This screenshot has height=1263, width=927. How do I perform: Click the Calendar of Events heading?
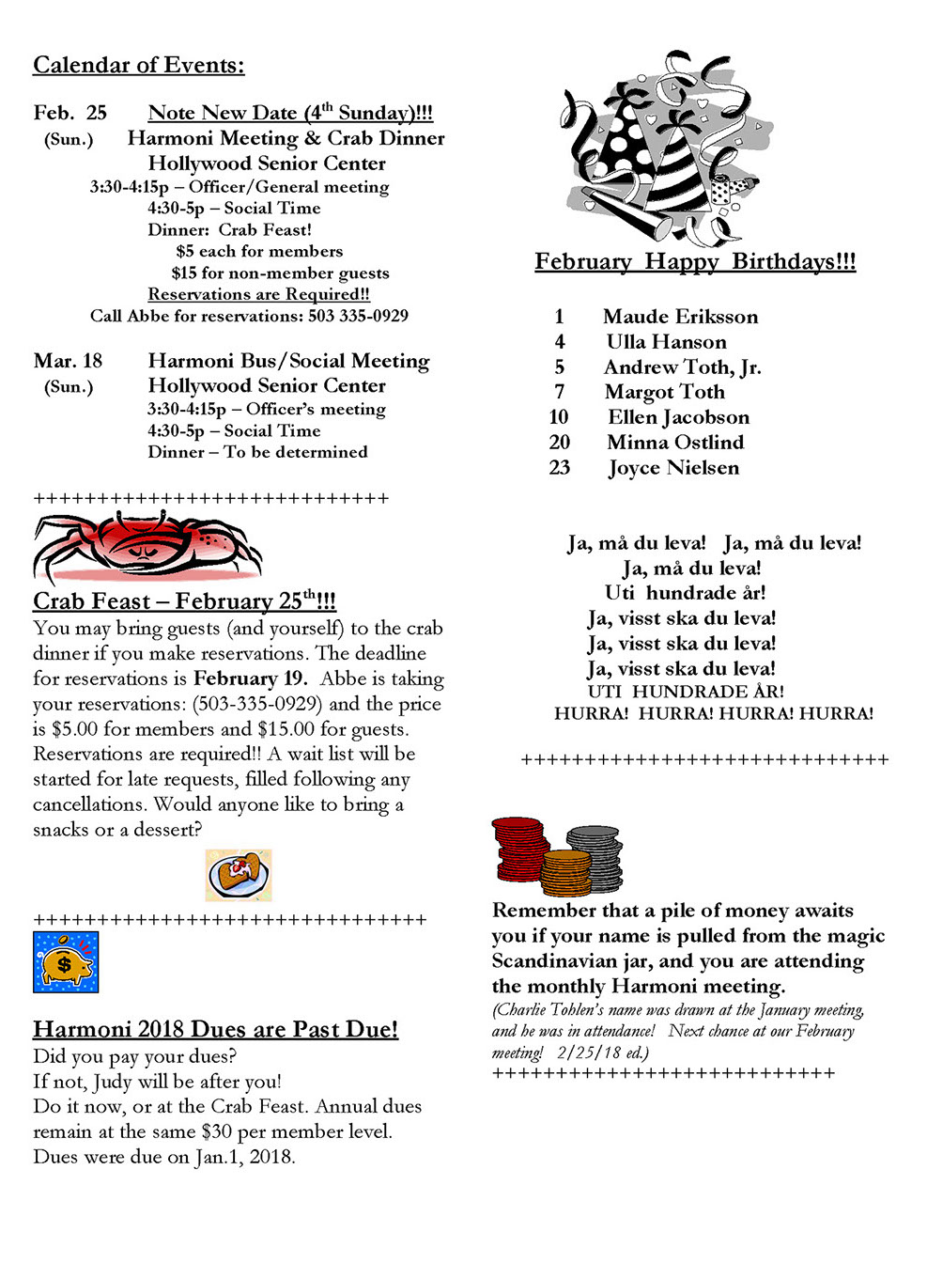tap(138, 65)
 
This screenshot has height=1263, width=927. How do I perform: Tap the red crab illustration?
tap(146, 546)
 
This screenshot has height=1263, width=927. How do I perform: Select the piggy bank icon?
tap(66, 962)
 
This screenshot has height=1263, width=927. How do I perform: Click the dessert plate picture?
tap(239, 875)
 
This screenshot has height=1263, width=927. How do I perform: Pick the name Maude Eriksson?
tap(680, 317)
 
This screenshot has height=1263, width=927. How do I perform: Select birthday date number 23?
tap(559, 468)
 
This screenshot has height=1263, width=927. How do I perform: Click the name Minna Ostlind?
tap(675, 443)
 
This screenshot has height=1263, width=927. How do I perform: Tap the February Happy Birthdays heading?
tap(695, 261)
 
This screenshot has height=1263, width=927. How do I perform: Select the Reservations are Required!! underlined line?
tap(258, 294)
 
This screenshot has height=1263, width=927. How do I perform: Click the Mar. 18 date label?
tap(68, 361)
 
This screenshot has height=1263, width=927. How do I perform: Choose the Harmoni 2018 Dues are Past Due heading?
tap(215, 1029)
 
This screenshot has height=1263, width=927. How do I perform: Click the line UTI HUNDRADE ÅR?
tap(686, 692)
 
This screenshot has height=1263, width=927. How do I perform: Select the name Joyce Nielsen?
tap(673, 468)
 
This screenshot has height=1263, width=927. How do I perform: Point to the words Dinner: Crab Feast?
tap(229, 230)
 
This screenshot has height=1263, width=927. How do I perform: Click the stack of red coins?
tap(519, 848)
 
